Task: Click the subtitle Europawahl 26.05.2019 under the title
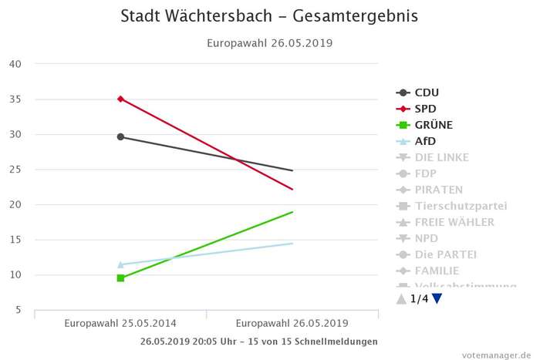point(269,43)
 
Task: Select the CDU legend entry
point(427,93)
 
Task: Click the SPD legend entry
point(426,109)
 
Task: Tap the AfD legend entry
point(425,141)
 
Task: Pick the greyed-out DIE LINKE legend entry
point(441,157)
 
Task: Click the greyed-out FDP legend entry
point(425,173)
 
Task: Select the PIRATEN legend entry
point(438,190)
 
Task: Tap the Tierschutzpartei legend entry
point(461,206)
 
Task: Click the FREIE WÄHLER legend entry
point(454,222)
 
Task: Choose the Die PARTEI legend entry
point(445,254)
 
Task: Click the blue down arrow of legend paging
point(437,299)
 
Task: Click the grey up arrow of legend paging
point(400,299)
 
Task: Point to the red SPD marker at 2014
point(120,99)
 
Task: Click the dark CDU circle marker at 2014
point(120,136)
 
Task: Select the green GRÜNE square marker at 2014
point(120,278)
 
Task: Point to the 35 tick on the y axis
point(15,99)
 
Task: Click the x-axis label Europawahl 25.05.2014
point(120,323)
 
